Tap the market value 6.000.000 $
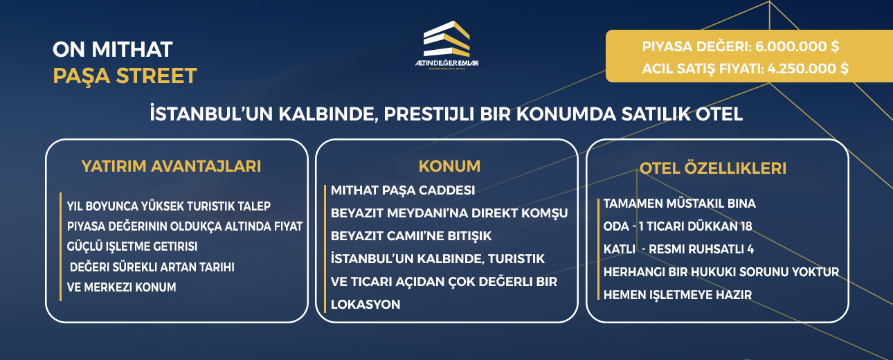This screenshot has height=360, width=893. (x=799, y=47)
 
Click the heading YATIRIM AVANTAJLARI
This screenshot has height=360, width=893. (x=171, y=166)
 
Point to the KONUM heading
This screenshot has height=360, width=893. (x=449, y=166)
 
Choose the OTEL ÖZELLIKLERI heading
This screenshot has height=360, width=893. (x=712, y=169)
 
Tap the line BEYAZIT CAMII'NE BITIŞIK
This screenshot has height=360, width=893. (x=411, y=235)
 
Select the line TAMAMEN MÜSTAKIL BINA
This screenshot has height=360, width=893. (x=679, y=204)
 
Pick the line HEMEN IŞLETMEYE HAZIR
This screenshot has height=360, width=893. (x=678, y=294)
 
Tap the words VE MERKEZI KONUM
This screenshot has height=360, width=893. (x=121, y=287)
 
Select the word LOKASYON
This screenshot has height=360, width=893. (x=366, y=304)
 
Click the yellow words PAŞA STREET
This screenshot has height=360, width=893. (x=125, y=75)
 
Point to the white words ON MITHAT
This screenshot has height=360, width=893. (x=112, y=49)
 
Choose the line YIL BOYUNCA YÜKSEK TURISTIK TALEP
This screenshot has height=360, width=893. (x=168, y=206)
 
